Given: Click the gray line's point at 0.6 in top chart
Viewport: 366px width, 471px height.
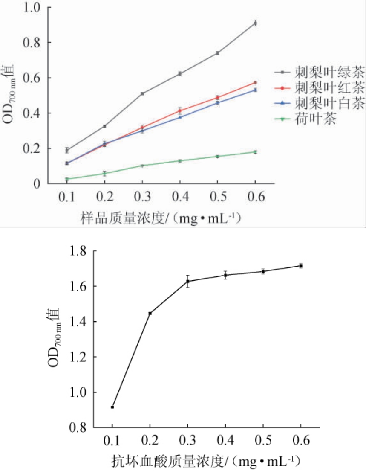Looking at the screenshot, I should coord(255,23).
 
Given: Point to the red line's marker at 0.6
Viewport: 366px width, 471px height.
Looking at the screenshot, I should coord(255,82).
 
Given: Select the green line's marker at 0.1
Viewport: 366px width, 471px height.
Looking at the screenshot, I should coord(67,179).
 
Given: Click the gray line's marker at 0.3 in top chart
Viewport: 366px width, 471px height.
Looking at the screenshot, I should coord(142,93).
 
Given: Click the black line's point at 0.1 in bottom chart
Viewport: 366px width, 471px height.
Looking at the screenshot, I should coord(112,407).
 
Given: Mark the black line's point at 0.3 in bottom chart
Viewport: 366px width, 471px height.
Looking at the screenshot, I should coord(187,281).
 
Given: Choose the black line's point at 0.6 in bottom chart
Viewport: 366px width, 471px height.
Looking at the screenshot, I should coord(301,266).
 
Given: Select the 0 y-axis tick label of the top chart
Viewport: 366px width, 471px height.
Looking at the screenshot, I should coord(37,184).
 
